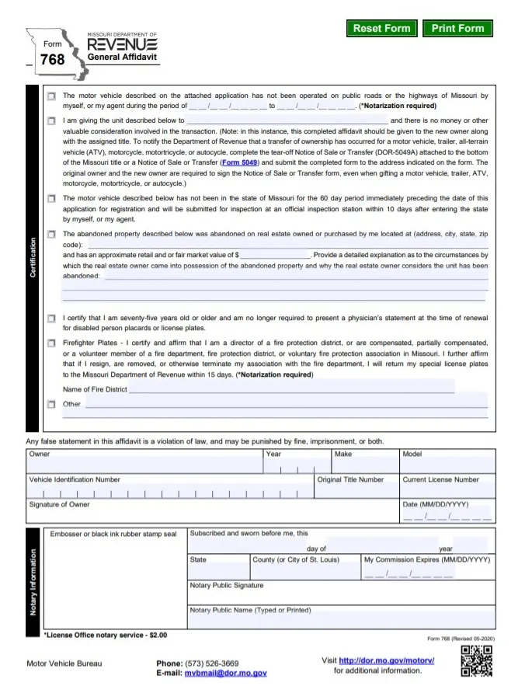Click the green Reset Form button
(381, 29)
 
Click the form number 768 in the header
(53, 59)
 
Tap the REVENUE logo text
(122, 45)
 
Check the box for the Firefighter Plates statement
(51, 343)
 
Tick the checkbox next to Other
(51, 404)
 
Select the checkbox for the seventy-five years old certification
(51, 319)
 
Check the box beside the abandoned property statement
(51, 234)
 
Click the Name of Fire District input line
(291, 388)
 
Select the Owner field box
(144, 465)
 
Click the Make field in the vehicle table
(364, 465)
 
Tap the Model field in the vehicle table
(447, 465)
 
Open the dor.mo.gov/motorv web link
(386, 660)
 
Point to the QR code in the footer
(476, 661)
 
